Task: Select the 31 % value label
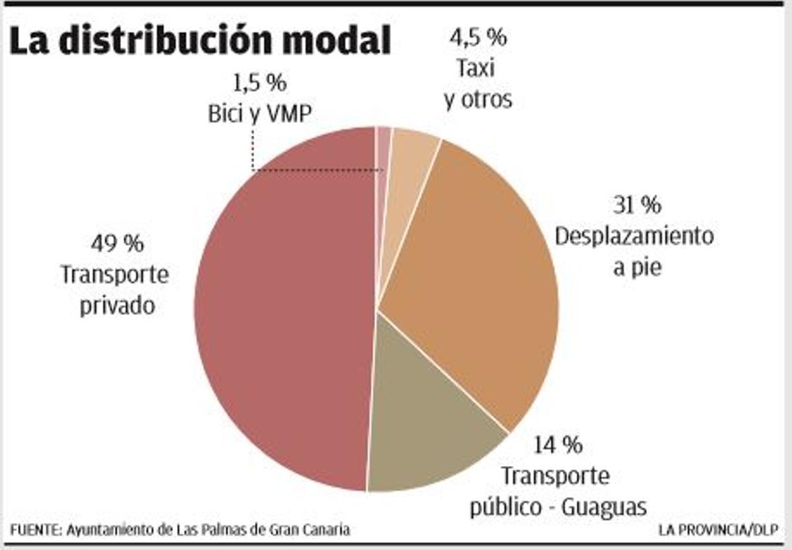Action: tap(637, 205)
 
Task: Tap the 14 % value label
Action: tap(558, 445)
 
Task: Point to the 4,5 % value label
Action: tap(478, 37)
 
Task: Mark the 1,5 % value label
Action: tap(259, 84)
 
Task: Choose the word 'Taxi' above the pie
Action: tap(475, 68)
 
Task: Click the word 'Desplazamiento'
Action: tap(634, 237)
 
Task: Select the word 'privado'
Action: tap(117, 306)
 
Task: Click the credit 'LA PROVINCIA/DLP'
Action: tap(718, 530)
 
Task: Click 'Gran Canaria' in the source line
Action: tap(316, 530)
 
